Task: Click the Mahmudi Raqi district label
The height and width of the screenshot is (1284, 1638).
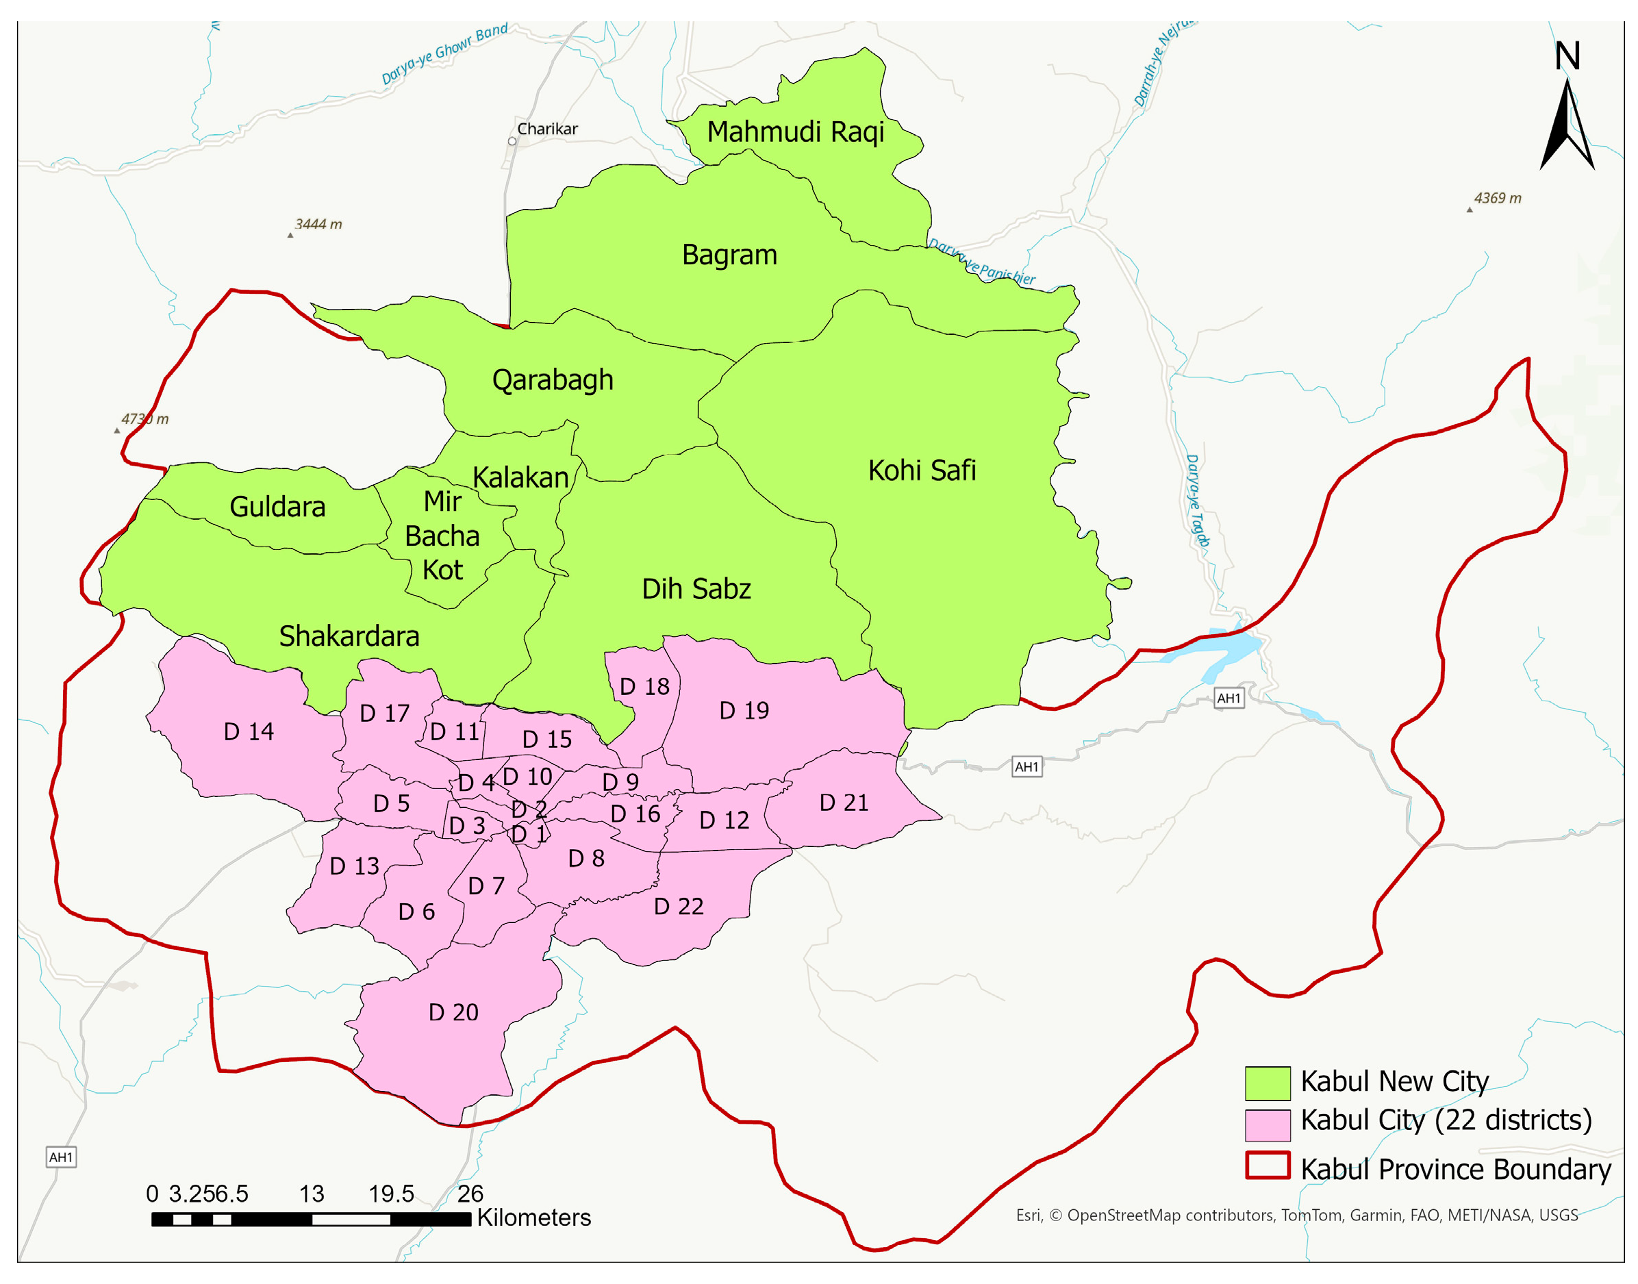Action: [x=794, y=132]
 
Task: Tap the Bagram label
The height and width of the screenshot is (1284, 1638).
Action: [x=729, y=255]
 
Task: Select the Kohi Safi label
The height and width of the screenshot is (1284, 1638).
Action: [x=921, y=470]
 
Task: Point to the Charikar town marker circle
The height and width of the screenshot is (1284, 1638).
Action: [x=512, y=141]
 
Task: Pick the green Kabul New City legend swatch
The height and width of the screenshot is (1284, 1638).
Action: [x=1267, y=1083]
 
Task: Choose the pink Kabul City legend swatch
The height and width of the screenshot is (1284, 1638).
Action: [x=1267, y=1124]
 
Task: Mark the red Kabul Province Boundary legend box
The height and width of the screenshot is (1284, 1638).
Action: [x=1267, y=1166]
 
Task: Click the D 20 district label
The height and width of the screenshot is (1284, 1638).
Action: [x=453, y=1012]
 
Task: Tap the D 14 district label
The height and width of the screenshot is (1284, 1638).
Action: [x=249, y=731]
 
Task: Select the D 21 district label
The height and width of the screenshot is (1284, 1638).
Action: [x=843, y=803]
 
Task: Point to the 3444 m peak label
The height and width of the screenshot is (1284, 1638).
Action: [x=318, y=224]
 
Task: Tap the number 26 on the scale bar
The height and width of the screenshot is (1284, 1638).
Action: [x=470, y=1193]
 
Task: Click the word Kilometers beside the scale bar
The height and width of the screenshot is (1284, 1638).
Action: [x=533, y=1217]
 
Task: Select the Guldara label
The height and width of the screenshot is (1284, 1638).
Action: [x=277, y=507]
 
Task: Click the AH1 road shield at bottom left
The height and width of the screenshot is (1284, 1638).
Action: [x=61, y=1156]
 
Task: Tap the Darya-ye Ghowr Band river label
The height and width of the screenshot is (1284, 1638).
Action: [x=444, y=54]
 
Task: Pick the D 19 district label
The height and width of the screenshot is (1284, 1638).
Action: [x=744, y=710]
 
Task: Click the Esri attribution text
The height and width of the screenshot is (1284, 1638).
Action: [x=1296, y=1215]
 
